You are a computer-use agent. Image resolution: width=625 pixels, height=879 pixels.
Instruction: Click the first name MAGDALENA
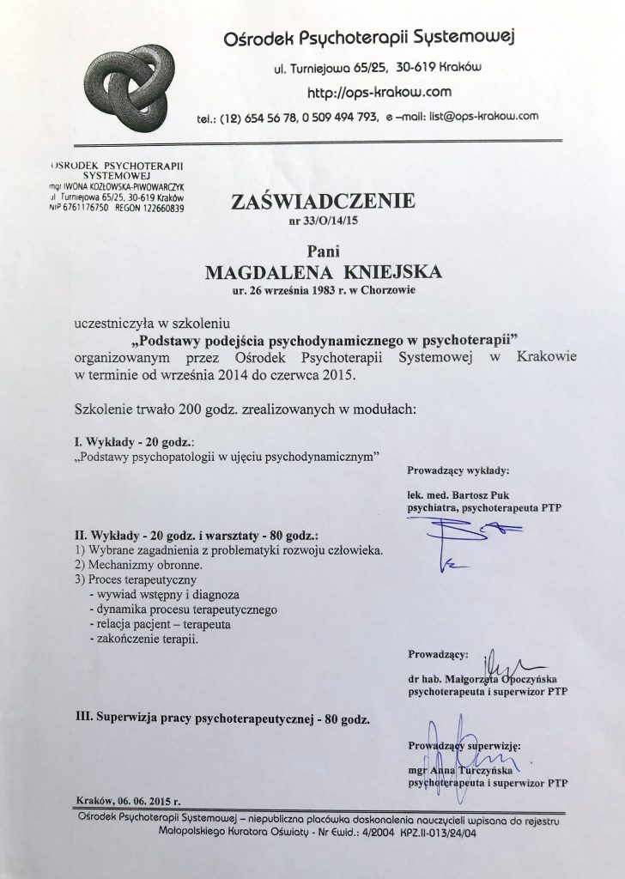pyautogui.click(x=263, y=273)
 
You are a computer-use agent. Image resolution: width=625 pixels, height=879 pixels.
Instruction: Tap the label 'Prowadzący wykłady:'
pyautogui.click(x=458, y=471)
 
